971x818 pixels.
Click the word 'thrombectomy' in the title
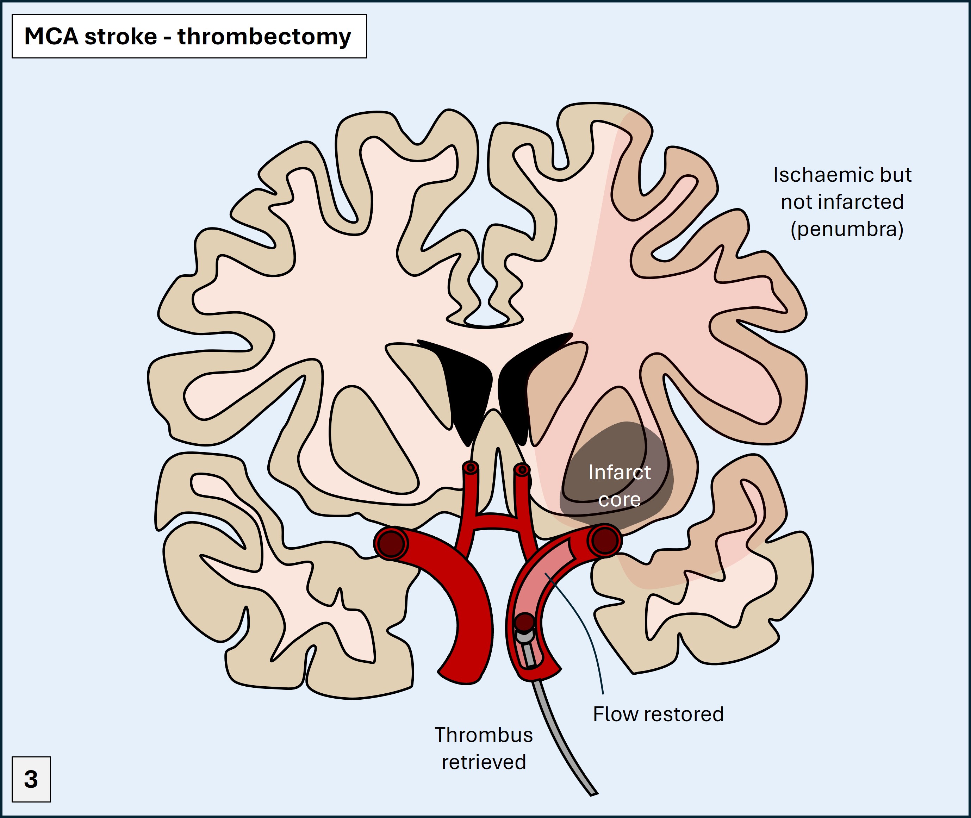264,37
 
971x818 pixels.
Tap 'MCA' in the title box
51,36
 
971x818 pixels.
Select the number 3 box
31,779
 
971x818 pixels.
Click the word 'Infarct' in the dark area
619,473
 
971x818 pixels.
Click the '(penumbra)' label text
847,229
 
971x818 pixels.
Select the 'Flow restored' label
658,714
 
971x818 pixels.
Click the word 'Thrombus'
484,735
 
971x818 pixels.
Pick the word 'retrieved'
484,762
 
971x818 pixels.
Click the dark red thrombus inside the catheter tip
525,622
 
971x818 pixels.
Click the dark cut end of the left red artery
391,543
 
